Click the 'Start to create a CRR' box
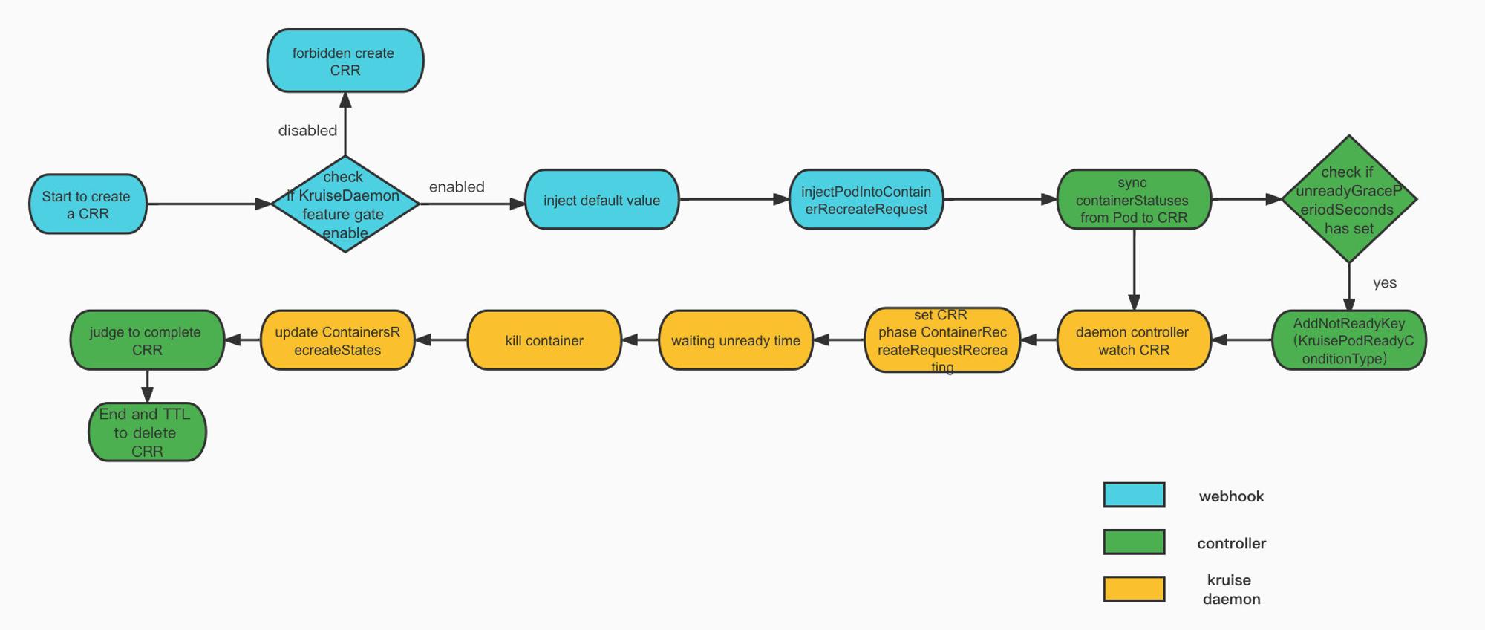(x=88, y=204)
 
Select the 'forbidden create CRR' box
(x=345, y=61)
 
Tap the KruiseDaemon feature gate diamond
(x=345, y=204)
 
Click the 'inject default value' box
(x=602, y=200)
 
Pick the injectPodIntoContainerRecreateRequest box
(x=866, y=200)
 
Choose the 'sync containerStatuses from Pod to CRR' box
(x=1134, y=200)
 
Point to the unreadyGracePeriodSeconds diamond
(x=1349, y=199)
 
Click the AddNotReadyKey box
(x=1349, y=340)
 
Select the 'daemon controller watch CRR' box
(x=1134, y=340)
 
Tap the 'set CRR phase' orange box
(x=942, y=340)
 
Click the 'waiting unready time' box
(x=736, y=340)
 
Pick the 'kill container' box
(x=544, y=340)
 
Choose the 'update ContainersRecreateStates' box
(x=338, y=340)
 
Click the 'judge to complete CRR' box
(x=147, y=340)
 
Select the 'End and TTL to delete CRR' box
(x=147, y=432)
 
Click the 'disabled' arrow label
(x=307, y=131)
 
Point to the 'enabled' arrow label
(x=457, y=187)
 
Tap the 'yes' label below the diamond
(x=1385, y=283)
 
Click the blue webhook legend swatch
(x=1134, y=496)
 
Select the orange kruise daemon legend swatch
(x=1134, y=589)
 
